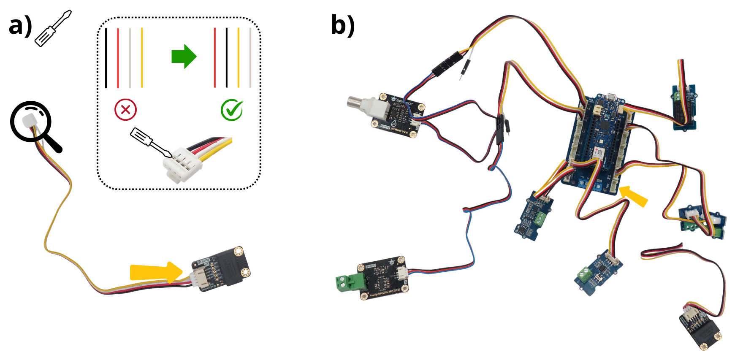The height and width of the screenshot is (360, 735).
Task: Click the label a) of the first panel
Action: click(20, 26)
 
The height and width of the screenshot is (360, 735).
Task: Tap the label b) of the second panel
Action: click(342, 25)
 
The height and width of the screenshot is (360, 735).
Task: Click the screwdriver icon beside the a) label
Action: click(53, 29)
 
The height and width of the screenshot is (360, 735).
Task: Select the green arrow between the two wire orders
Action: click(184, 56)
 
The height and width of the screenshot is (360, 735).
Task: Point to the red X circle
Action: click(125, 110)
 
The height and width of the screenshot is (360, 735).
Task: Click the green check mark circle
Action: click(231, 110)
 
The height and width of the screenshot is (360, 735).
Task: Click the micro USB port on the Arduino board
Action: click(610, 97)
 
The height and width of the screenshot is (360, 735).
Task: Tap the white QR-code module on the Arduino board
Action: click(598, 153)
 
